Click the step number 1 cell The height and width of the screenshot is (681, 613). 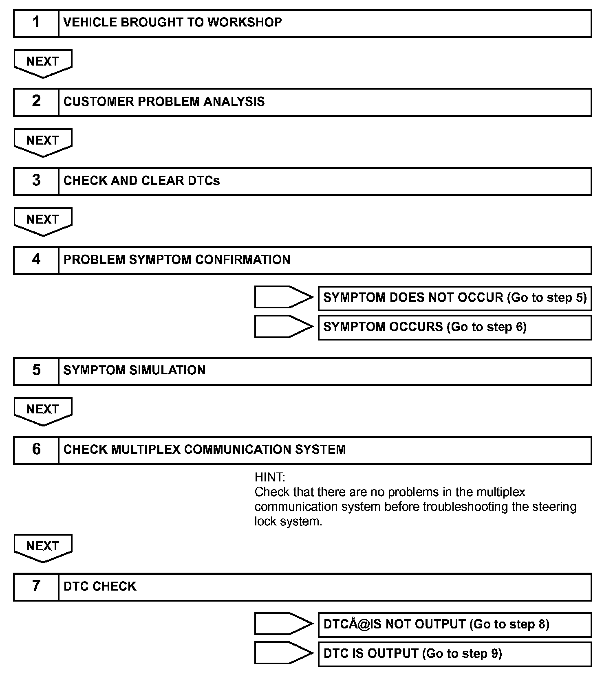36,23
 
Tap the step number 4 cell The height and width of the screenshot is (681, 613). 36,260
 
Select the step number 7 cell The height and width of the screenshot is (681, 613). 36,587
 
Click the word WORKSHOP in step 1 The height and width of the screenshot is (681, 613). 245,22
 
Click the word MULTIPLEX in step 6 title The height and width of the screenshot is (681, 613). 146,450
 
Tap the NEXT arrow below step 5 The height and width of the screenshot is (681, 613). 43,410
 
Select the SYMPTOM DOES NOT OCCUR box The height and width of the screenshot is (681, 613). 454,298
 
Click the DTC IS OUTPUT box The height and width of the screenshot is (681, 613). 454,654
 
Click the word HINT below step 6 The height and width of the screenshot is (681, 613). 270,477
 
